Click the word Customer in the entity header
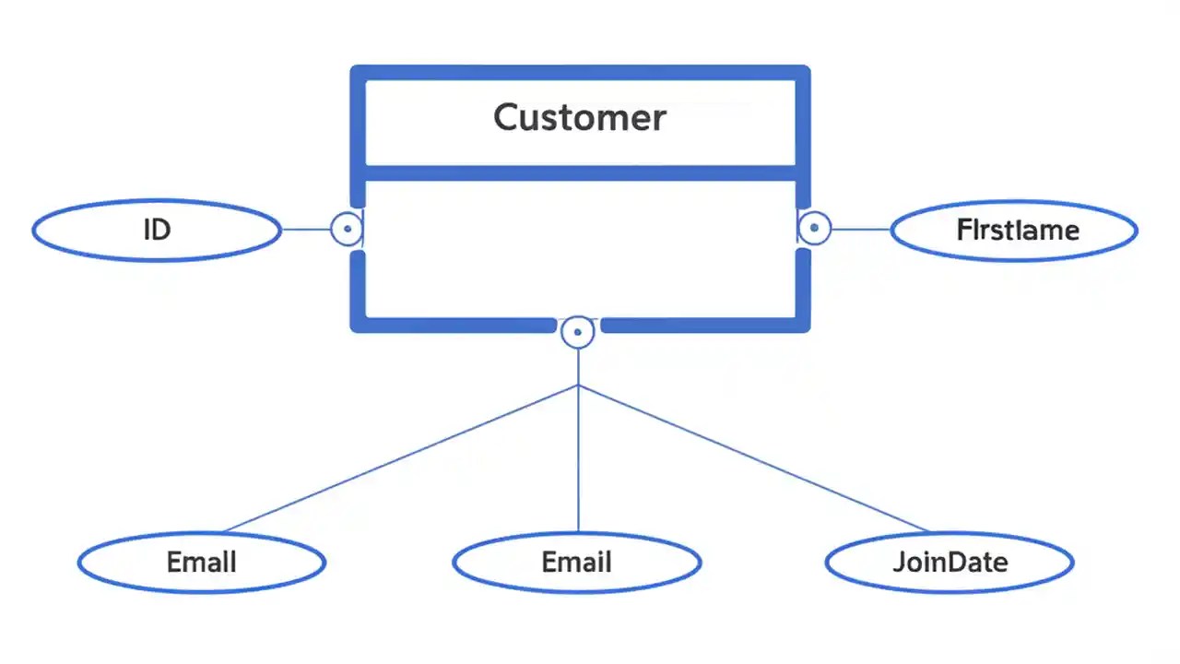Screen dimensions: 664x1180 point(579,118)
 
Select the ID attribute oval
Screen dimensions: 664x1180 point(157,230)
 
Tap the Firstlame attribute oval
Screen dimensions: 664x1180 point(1014,230)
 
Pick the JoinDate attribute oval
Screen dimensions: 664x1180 point(950,562)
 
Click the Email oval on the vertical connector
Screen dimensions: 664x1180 point(577,562)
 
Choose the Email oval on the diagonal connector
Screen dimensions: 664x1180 point(201,562)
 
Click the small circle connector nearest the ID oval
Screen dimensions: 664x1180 point(347,228)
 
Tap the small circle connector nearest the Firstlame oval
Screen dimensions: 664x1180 point(814,227)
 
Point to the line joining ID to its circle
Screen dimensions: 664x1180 point(305,229)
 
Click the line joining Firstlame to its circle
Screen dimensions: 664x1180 point(860,229)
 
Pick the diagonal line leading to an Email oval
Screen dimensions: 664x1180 point(401,458)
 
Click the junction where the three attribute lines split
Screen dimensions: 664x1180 point(578,385)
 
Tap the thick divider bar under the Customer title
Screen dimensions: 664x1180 point(579,172)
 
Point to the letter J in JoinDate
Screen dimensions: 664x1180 point(898,563)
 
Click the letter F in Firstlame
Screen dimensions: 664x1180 point(963,230)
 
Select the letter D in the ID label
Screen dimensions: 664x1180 point(162,230)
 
